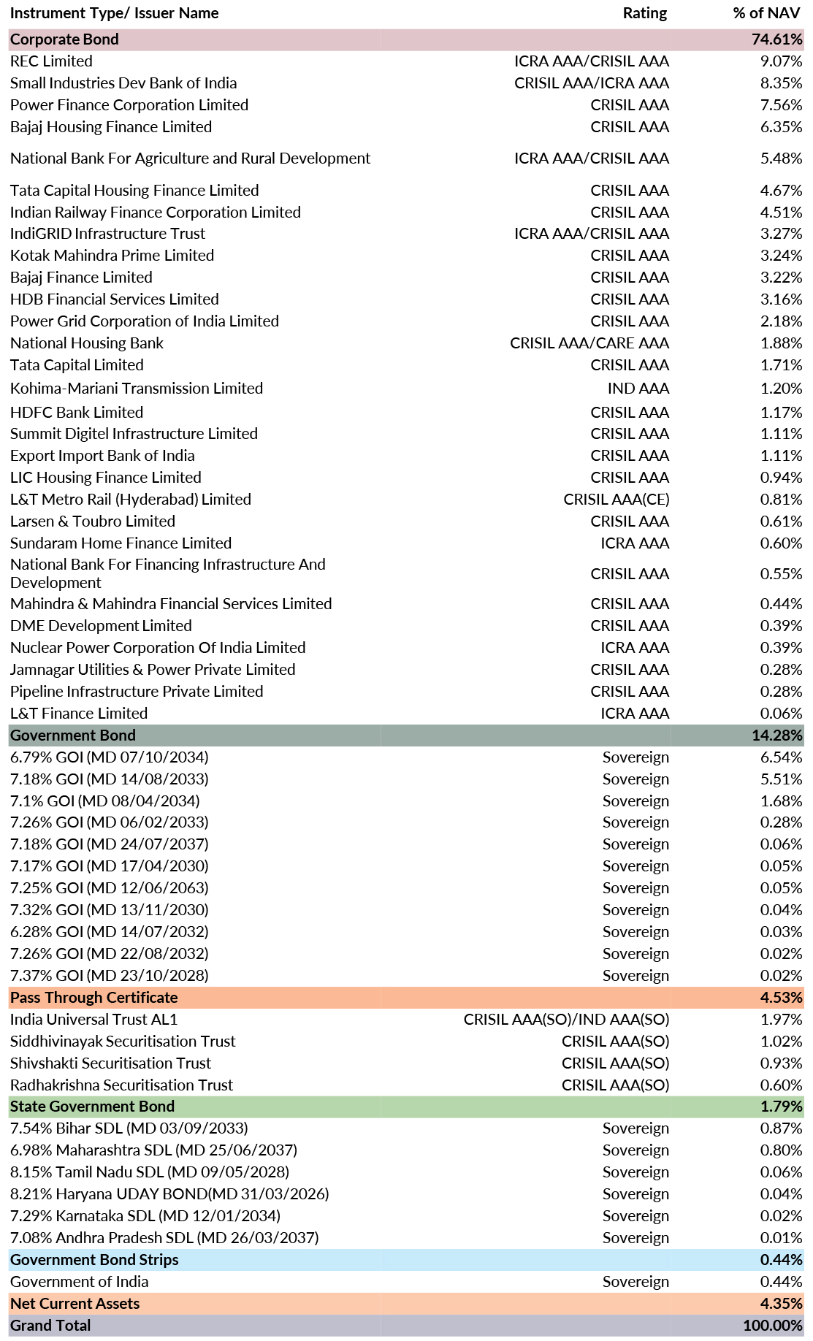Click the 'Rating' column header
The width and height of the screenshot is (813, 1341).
click(644, 13)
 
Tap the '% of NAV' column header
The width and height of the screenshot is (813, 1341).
click(766, 13)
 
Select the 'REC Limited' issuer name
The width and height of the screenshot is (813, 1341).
click(51, 61)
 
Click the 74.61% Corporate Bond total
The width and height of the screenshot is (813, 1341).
click(776, 39)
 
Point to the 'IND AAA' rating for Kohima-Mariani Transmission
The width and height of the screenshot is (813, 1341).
click(638, 389)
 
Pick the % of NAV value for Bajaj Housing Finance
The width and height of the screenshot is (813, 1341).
click(781, 127)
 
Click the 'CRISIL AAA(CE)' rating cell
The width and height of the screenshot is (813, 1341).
click(616, 500)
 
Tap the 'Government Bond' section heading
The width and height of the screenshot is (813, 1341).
click(73, 736)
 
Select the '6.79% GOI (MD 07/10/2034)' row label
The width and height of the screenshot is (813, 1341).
click(110, 757)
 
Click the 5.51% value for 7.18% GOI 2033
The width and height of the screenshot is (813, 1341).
click(781, 779)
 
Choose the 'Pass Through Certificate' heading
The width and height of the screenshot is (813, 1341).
click(93, 998)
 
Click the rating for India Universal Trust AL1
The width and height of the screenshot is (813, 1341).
click(566, 1020)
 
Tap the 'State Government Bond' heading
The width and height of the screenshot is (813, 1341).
click(92, 1107)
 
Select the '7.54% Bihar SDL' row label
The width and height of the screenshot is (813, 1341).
click(129, 1128)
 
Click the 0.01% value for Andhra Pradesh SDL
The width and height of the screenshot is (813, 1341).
click(781, 1238)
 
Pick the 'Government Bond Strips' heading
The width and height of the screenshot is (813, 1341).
click(94, 1260)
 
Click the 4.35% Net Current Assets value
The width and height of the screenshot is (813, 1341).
click(781, 1304)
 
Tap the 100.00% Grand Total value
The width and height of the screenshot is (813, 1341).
click(773, 1326)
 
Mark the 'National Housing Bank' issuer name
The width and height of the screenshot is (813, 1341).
click(87, 343)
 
